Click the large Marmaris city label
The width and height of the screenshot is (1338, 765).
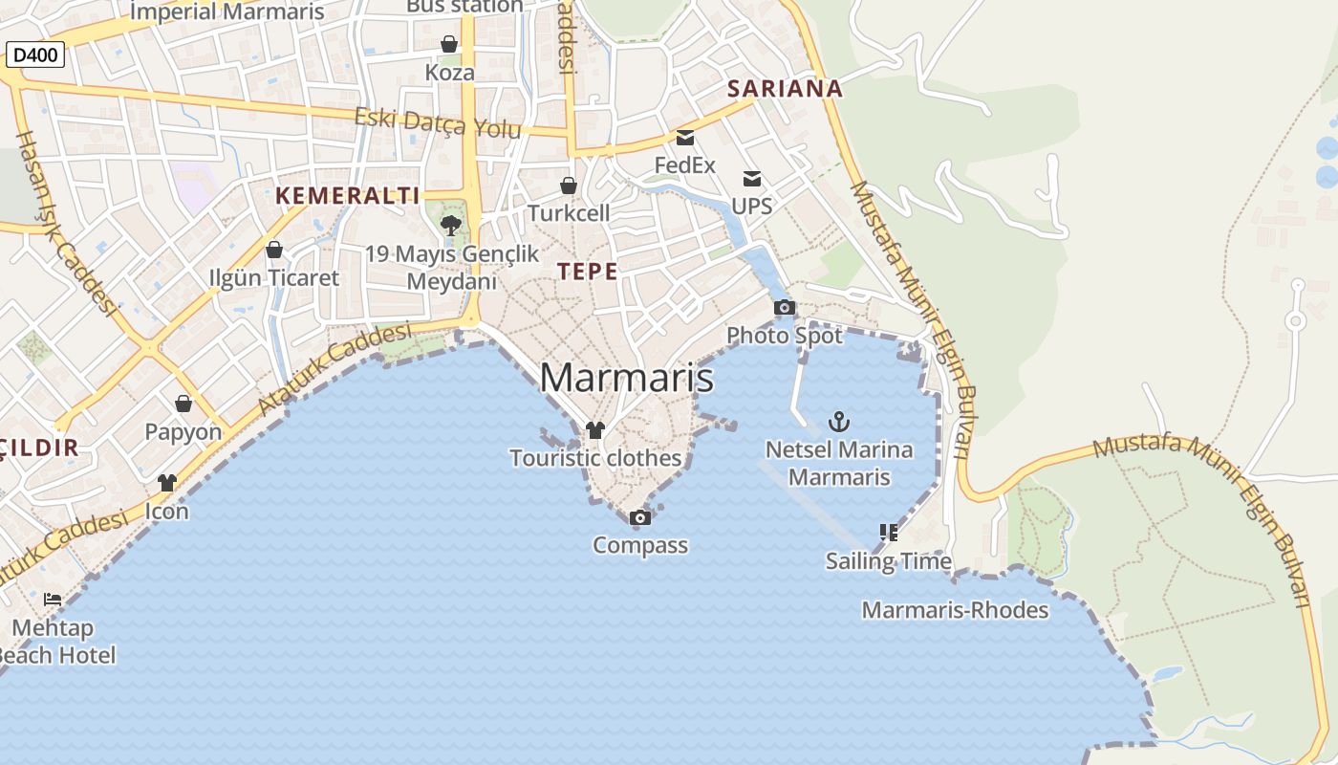[626, 378]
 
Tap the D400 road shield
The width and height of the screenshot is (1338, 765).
[35, 55]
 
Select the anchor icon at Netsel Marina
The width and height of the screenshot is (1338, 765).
[838, 421]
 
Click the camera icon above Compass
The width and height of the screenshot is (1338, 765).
[640, 517]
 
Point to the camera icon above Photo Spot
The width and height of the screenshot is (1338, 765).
[784, 307]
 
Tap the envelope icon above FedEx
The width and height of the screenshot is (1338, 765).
[685, 137]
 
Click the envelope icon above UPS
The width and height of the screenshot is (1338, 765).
[752, 178]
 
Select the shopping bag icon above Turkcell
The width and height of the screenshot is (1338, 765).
[569, 185]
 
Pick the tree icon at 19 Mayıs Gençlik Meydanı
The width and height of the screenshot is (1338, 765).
[451, 226]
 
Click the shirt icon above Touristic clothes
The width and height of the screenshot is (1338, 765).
[595, 430]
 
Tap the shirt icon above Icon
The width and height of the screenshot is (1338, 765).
[167, 483]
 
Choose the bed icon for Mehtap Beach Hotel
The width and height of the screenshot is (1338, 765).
[53, 600]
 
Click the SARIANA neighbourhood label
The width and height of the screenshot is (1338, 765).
[785, 89]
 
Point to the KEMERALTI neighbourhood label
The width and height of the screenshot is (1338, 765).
[348, 196]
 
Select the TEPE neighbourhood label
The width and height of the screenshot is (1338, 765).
[588, 271]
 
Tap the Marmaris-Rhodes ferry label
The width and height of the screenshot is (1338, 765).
[955, 610]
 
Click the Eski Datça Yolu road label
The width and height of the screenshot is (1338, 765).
[438, 122]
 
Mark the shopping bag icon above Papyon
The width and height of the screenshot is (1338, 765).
[183, 404]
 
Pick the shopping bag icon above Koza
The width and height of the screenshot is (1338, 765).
[449, 44]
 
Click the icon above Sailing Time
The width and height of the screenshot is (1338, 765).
[888, 532]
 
